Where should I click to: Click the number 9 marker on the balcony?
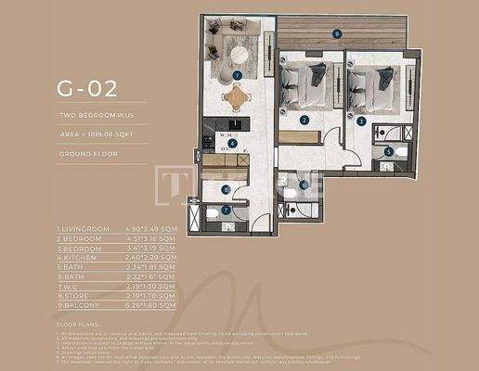337,32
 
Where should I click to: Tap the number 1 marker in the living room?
238,74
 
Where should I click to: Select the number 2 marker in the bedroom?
304,121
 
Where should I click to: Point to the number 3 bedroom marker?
360,121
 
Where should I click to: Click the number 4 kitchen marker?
233,144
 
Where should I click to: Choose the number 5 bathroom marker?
388,150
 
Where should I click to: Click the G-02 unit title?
88,90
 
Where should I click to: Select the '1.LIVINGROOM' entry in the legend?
84,228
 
